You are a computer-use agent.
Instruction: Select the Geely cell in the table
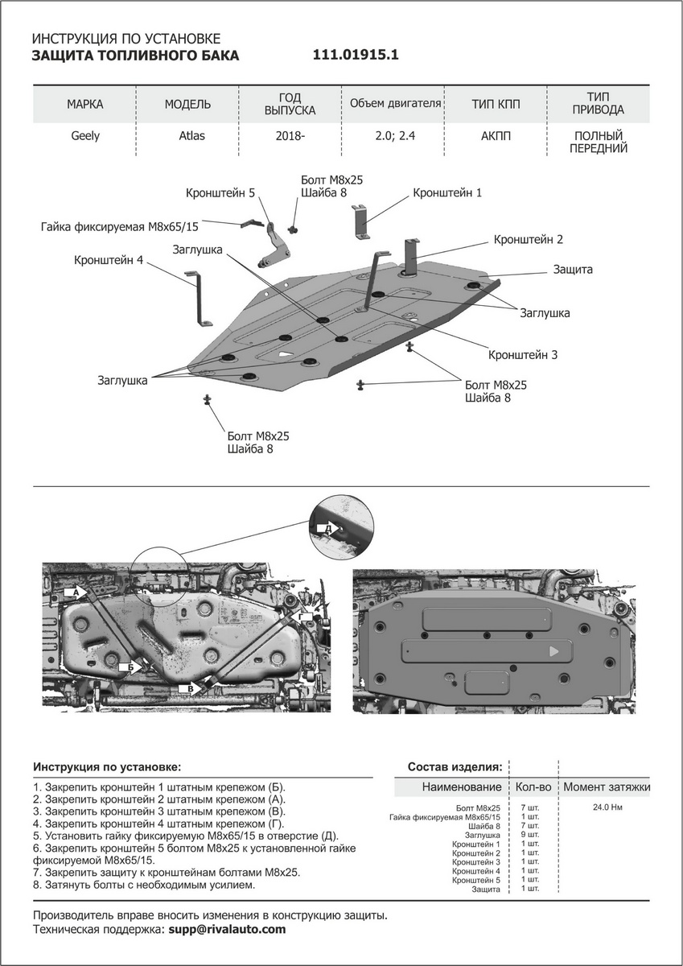[x=85, y=136]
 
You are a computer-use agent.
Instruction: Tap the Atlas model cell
[x=191, y=136]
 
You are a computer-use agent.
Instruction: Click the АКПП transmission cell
[x=496, y=136]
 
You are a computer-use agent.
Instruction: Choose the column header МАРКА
[x=85, y=105]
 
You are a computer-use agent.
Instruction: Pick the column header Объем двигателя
[x=395, y=104]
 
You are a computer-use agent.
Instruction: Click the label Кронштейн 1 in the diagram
[x=447, y=193]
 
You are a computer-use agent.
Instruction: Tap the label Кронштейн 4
[x=109, y=261]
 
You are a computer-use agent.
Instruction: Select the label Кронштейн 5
[x=220, y=193]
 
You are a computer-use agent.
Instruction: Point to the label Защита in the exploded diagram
[x=573, y=270]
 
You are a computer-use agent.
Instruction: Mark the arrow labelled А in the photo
[x=77, y=592]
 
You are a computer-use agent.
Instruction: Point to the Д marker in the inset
[x=327, y=527]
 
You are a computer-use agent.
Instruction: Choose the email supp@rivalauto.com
[x=226, y=929]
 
